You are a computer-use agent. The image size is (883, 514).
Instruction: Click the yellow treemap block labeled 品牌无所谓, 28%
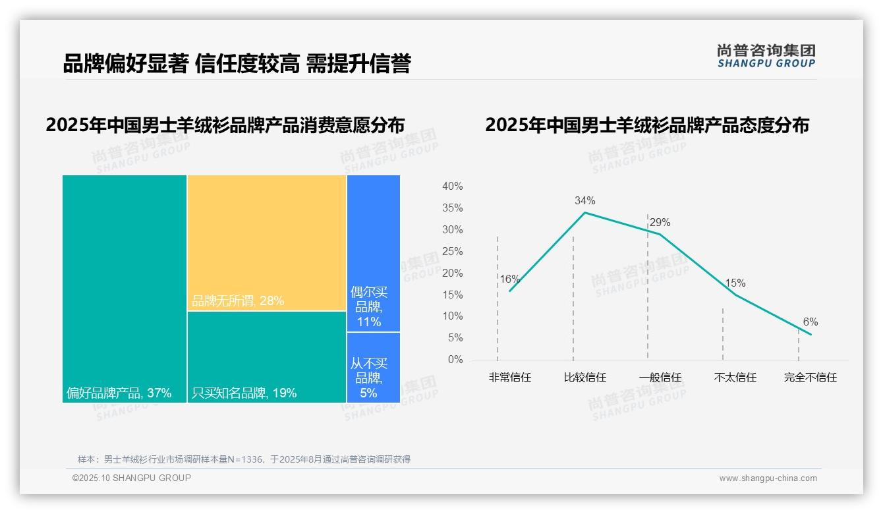pos(267,243)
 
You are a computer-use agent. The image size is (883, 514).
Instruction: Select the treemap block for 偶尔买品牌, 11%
pos(373,253)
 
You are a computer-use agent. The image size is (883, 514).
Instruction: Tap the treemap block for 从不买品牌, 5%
pos(373,367)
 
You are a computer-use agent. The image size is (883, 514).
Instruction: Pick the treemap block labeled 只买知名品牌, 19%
pos(267,357)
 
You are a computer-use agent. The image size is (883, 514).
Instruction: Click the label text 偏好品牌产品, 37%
pos(119,393)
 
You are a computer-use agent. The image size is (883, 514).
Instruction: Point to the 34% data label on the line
pos(584,200)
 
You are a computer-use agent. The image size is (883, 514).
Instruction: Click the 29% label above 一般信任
pos(660,222)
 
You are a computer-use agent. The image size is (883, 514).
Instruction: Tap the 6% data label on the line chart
pos(811,322)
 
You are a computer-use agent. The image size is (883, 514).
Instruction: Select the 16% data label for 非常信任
pos(509,279)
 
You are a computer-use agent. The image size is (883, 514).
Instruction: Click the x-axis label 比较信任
pos(584,378)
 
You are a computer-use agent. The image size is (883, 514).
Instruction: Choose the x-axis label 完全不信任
pos(811,378)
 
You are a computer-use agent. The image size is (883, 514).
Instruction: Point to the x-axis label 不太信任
pos(735,378)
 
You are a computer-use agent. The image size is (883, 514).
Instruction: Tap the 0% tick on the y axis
pos(455,360)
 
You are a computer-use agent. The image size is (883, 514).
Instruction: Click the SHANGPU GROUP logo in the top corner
pos(766,55)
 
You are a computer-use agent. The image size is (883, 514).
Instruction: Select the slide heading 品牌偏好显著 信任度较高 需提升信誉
pos(237,64)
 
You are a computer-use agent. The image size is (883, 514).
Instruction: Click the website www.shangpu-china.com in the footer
pos(768,478)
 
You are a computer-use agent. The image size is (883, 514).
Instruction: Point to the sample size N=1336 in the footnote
pos(249,459)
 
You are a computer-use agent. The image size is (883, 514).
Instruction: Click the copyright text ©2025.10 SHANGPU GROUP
pos(132,478)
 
